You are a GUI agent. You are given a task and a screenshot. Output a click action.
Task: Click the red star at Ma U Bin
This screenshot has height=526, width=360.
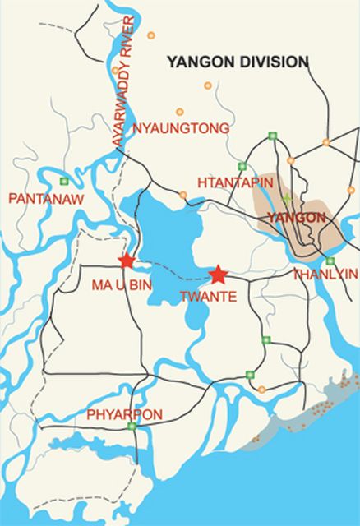pos(126,261)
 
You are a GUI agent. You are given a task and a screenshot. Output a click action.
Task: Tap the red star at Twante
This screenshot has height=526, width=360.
pos(218,274)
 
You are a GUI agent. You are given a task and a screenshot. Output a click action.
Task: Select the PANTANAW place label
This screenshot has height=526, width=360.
pos(39,198)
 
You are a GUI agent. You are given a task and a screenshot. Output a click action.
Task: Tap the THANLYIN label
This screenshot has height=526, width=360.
pos(325,274)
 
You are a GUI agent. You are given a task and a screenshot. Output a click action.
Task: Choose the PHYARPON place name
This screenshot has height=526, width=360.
pos(124,414)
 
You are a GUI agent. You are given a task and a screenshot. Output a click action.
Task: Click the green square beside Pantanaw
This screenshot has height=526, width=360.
pos(64,181)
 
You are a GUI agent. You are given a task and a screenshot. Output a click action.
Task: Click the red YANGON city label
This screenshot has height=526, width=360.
pos(297,218)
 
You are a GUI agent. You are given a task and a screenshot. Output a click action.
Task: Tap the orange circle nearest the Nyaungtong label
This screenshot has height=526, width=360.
pos(179,112)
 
